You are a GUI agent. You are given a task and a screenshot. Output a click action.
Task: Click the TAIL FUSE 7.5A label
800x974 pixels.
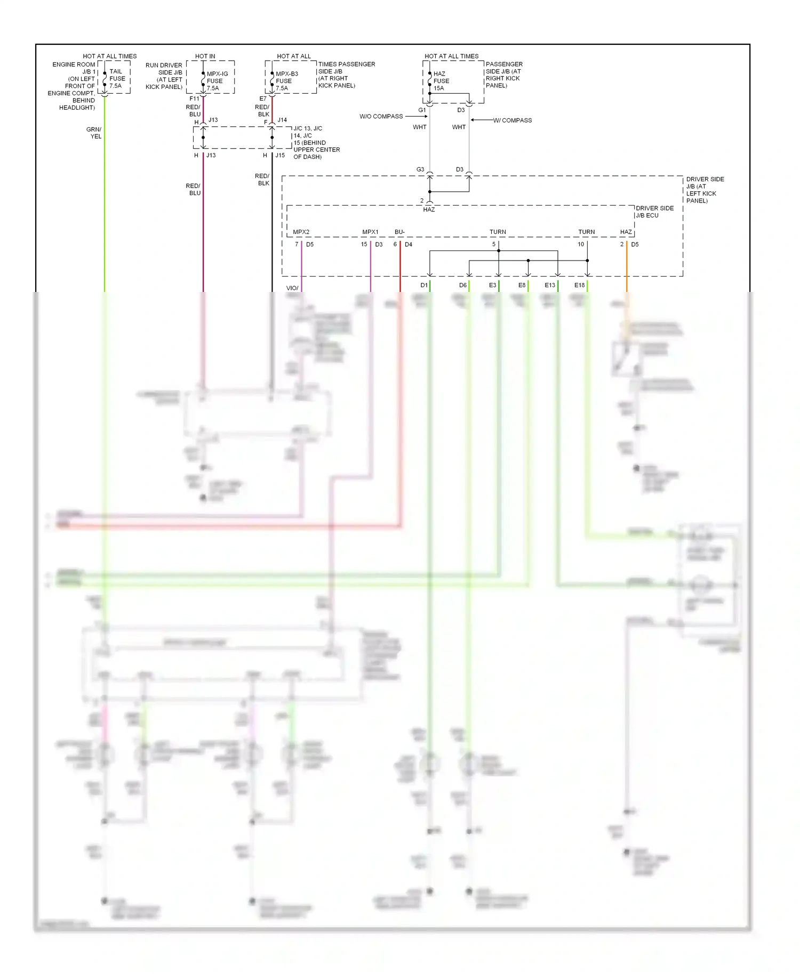coord(117,78)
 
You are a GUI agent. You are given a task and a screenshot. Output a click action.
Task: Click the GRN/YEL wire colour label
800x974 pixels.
coord(94,133)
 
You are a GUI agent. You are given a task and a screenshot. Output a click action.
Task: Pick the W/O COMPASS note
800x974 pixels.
coord(381,116)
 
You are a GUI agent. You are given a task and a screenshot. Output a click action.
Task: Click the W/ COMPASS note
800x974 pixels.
coord(512,120)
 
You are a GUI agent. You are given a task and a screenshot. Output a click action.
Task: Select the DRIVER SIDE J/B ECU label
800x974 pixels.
coord(654,212)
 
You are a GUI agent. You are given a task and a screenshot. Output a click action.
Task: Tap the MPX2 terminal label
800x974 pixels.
coord(301,232)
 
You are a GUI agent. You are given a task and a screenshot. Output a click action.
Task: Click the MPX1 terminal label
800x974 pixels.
coord(370,232)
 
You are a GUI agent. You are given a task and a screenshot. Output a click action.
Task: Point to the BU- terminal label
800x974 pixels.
coord(399,232)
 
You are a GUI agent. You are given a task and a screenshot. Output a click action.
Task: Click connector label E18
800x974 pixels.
coord(579,285)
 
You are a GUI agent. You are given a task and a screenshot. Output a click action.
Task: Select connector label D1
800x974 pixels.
coord(423,285)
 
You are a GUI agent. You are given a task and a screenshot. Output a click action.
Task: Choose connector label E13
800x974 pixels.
coord(549,285)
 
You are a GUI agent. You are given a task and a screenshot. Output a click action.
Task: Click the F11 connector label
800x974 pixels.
coord(194,99)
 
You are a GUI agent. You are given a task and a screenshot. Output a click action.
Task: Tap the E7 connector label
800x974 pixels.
coord(262,99)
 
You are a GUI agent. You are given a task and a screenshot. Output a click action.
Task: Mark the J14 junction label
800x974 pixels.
coord(282,120)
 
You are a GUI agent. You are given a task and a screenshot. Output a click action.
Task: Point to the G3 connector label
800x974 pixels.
coord(420,169)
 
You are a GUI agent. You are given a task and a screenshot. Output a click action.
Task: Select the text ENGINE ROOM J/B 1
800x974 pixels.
coord(74,68)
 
